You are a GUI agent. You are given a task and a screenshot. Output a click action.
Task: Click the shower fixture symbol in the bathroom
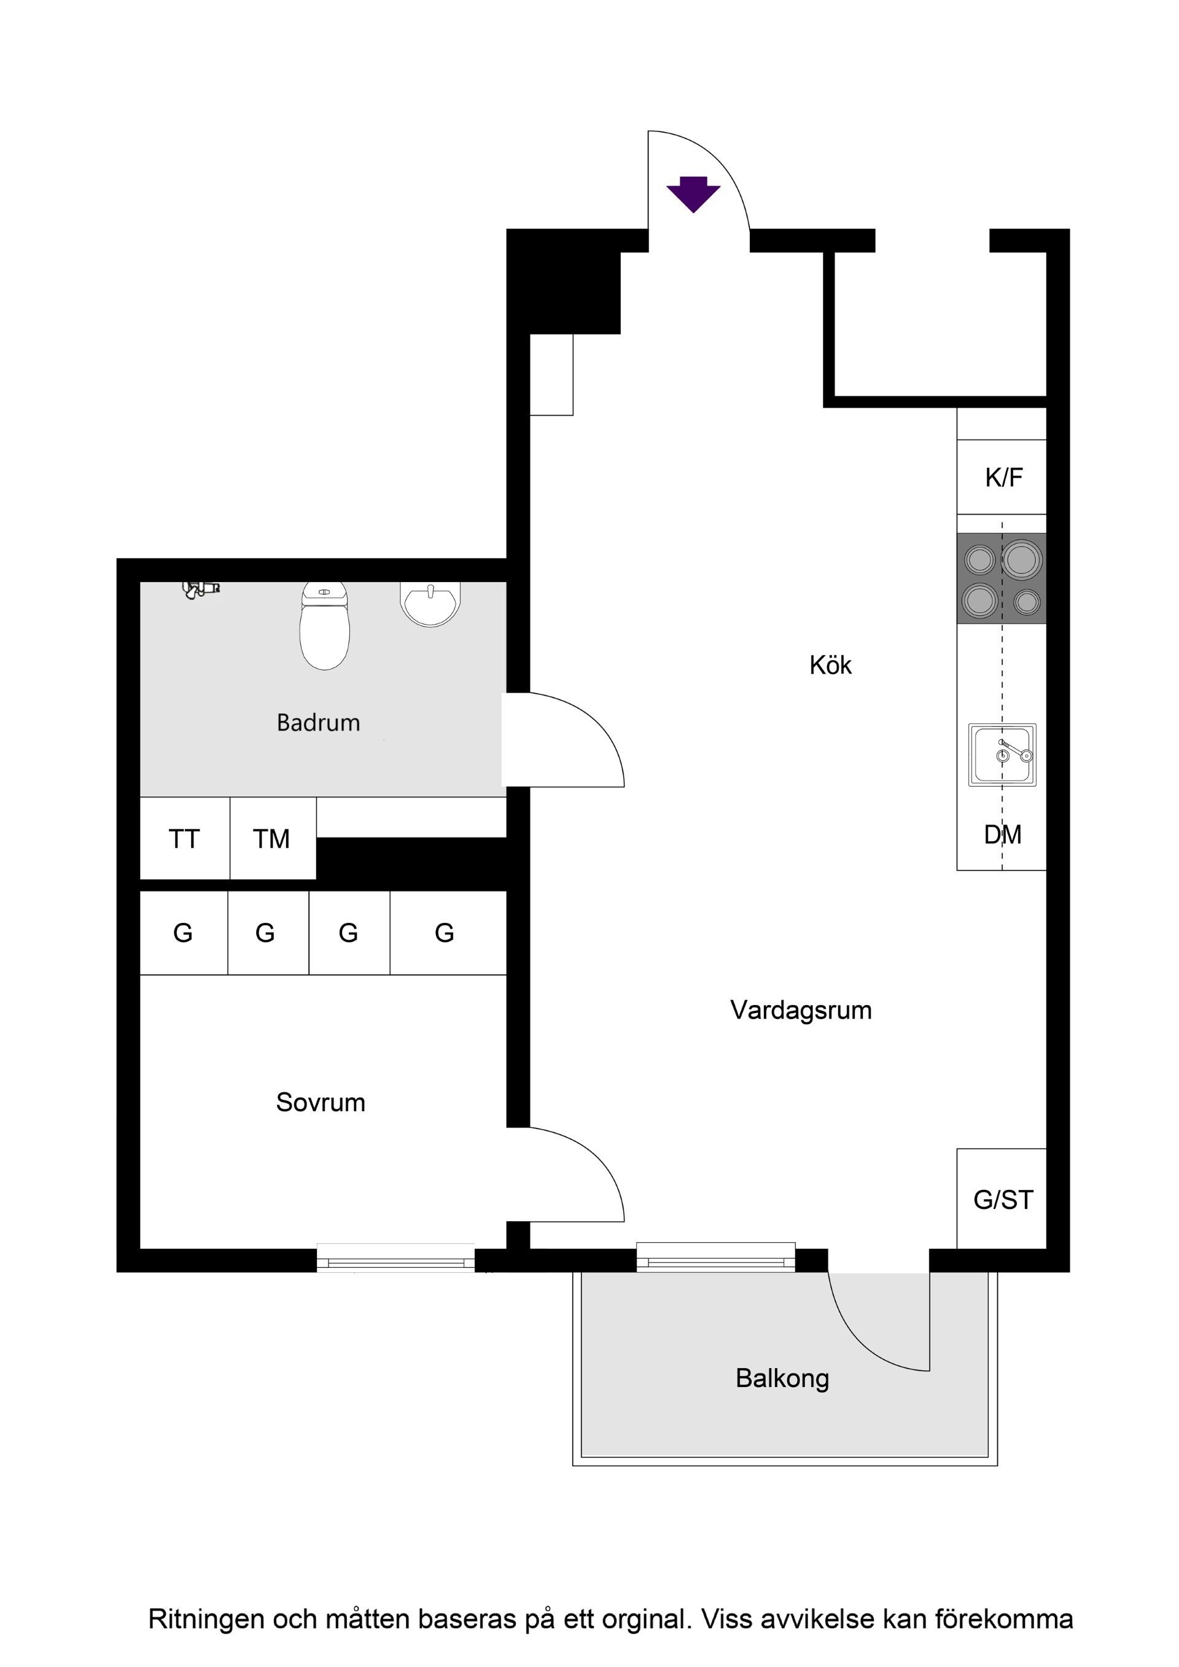pos(200,589)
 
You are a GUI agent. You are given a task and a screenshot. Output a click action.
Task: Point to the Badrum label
pos(318,723)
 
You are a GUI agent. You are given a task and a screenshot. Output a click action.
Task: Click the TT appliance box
pos(184,839)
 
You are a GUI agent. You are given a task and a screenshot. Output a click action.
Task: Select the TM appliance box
pos(272,839)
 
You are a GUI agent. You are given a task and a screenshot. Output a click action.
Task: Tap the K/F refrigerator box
pos(1002,477)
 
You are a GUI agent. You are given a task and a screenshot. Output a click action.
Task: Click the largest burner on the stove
pos(1022,560)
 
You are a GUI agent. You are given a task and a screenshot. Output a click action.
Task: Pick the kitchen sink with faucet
pos(1002,755)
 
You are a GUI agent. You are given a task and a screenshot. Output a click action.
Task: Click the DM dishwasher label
pos(1003,835)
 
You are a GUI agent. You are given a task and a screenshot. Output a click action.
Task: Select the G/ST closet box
pos(1002,1199)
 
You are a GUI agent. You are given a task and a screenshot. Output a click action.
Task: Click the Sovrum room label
pos(320,1102)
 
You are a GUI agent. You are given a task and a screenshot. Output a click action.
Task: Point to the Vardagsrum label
pos(801,1010)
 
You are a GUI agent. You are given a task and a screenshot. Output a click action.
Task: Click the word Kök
pos(831,665)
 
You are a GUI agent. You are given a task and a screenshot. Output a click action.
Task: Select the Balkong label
pos(782,1378)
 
